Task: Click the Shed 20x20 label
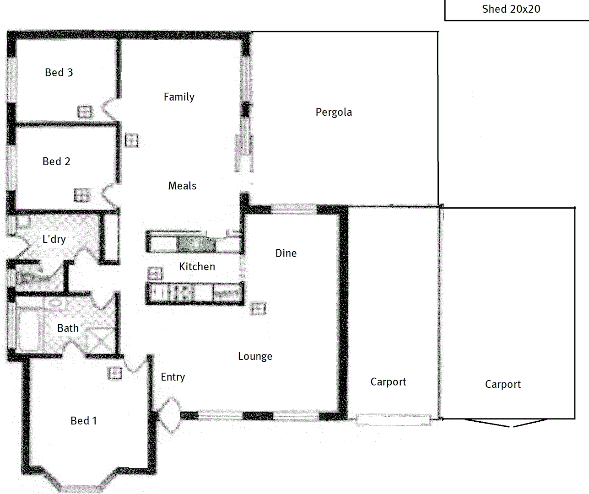511,9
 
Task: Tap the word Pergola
334,112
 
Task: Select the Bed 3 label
59,72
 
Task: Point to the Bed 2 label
56,161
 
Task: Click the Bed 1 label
83,421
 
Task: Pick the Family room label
179,97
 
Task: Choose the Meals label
182,186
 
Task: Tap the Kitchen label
197,267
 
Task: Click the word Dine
286,253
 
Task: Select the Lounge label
255,356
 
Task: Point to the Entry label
173,377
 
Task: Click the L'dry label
54,239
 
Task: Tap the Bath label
68,328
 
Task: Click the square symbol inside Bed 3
85,112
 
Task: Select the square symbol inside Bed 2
82,195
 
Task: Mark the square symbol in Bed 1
114,373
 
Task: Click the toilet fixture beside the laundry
27,278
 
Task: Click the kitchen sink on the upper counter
196,244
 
